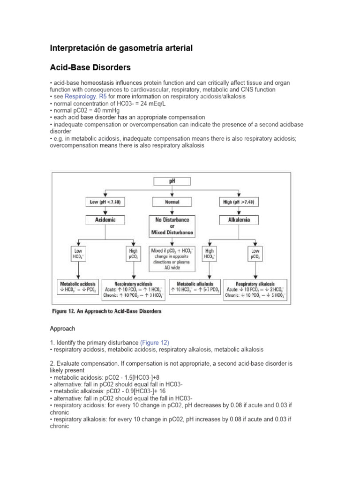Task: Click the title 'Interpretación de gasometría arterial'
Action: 121,48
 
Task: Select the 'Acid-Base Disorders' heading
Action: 90,67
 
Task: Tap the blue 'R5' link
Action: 103,96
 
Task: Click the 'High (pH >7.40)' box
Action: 240,202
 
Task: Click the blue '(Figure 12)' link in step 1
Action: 154,342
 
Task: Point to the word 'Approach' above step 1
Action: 62,329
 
